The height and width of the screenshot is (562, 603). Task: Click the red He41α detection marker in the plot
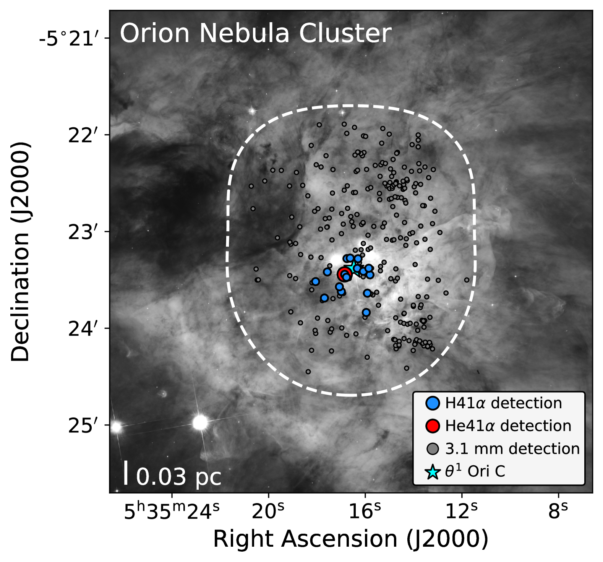[x=344, y=274]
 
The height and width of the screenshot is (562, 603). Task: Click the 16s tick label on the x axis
[x=365, y=511]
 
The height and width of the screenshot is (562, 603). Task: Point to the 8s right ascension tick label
[x=558, y=511]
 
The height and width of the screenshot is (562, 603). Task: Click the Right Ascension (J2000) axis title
[x=350, y=539]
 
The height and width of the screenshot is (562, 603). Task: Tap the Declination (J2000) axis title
[x=20, y=252]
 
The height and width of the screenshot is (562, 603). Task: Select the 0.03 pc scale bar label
[x=178, y=477]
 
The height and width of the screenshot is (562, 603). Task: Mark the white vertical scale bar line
[x=126, y=473]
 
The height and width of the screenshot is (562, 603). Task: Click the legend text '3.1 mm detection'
[x=512, y=449]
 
